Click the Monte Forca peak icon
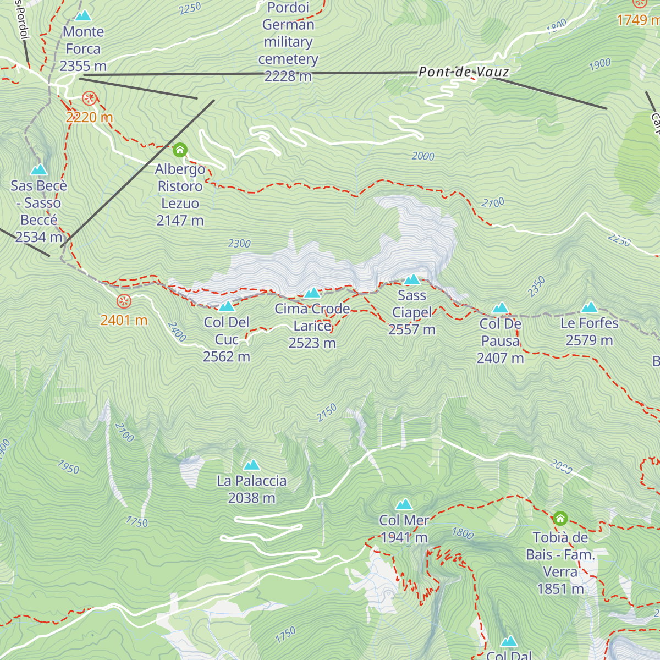83,15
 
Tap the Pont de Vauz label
463,72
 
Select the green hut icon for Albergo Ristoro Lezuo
180,150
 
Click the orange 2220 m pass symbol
89,99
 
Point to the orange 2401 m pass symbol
124,301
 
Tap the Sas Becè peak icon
38,169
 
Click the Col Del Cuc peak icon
227,306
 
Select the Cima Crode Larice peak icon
312,293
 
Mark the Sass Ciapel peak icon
411,279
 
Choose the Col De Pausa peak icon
500,307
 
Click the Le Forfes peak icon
589,307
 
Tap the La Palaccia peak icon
251,465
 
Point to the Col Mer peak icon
404,504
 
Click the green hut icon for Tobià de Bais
560,518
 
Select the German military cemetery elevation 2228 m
288,76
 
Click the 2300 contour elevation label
239,243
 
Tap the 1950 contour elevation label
68,468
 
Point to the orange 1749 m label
638,20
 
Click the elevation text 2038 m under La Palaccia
251,498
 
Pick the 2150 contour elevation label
327,413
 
